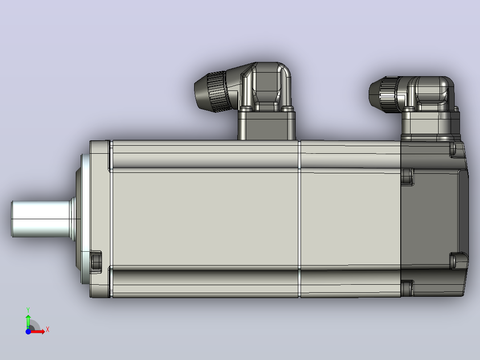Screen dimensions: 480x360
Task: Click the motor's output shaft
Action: pos(41,219)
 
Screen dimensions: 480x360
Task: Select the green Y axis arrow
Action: pos(28,321)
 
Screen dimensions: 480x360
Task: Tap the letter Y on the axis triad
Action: pos(28,310)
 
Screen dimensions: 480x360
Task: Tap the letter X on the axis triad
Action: pos(48,330)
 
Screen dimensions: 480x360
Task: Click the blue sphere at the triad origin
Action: pos(28,331)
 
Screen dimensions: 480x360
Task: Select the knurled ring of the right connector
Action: pos(388,94)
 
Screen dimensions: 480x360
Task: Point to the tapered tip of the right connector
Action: pos(374,94)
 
